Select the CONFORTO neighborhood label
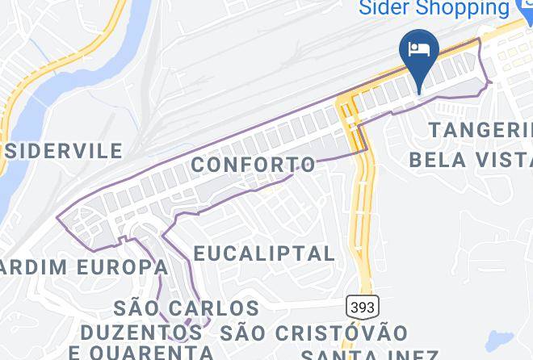tap(254, 165)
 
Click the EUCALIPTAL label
tap(265, 253)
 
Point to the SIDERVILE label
tap(63, 151)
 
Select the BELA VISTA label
tap(470, 158)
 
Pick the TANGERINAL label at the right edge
tap(481, 129)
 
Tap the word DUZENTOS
tap(141, 332)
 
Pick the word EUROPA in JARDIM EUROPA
tap(123, 266)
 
